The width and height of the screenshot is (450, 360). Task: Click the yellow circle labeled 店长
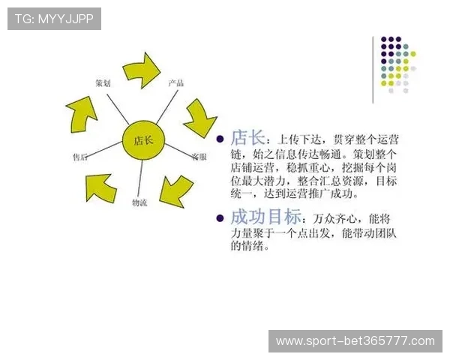click(142, 139)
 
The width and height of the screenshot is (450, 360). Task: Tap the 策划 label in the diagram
click(103, 82)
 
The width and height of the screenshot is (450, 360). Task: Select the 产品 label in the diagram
click(176, 82)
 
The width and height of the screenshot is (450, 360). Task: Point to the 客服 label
click(199, 157)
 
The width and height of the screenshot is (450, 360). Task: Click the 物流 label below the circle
click(140, 202)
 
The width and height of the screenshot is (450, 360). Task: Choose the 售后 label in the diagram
click(80, 157)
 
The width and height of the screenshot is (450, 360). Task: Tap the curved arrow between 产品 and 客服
click(199, 117)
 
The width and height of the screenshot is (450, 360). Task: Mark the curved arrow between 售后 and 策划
click(81, 113)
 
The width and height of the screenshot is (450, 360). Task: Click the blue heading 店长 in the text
click(247, 138)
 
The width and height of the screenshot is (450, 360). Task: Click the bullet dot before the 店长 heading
click(220, 139)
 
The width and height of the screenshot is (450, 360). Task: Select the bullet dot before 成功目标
click(220, 219)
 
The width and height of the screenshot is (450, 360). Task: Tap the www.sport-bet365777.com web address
click(355, 341)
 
